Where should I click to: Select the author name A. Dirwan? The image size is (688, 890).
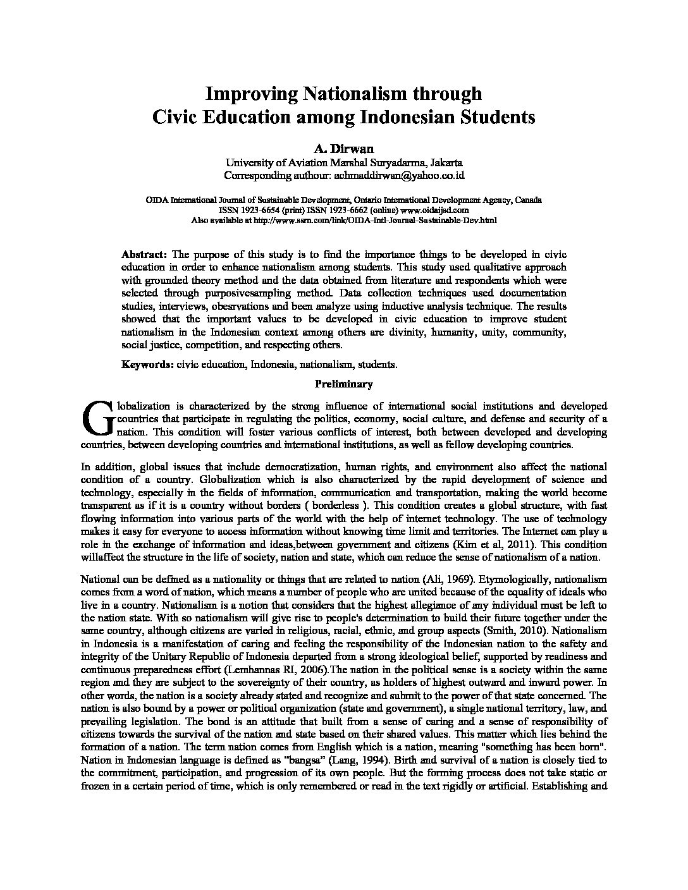click(x=344, y=149)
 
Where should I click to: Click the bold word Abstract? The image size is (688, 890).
click(x=144, y=254)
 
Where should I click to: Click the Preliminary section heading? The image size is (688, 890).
click(x=344, y=384)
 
